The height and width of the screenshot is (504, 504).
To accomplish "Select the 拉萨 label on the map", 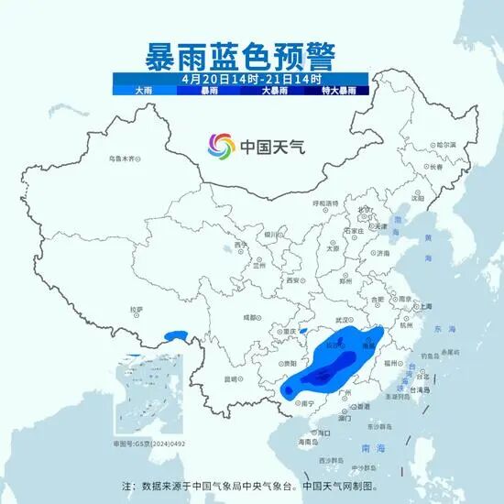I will click(137, 310).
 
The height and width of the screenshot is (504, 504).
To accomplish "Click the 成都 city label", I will click(250, 316).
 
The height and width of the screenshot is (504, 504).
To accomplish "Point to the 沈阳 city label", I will click(418, 197).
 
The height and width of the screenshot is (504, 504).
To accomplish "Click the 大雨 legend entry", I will click(144, 91).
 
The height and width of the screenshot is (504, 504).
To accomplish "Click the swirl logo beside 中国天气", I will click(219, 145).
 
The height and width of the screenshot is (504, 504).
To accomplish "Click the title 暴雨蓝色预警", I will click(251, 54).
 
